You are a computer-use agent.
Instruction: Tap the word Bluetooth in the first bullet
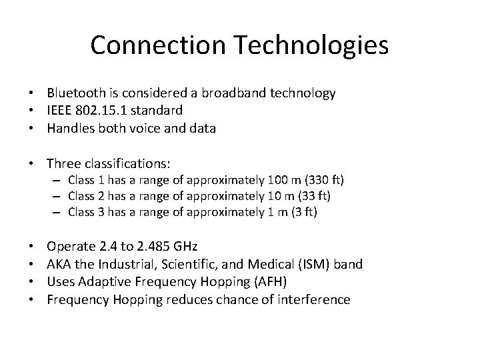tap(75, 93)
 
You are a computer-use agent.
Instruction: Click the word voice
tap(153, 129)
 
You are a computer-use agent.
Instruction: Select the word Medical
tap(254, 265)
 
